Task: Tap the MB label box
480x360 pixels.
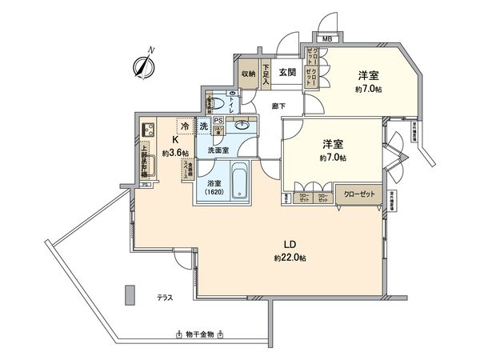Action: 327,38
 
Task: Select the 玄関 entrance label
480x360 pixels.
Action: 288,72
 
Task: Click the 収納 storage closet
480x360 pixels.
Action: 248,74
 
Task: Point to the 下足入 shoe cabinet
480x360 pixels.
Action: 267,73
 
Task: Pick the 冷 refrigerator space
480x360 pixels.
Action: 186,127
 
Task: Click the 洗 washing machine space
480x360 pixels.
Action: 204,127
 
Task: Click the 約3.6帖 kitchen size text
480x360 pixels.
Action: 175,153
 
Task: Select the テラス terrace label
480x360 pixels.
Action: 166,298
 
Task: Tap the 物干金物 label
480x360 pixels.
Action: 197,334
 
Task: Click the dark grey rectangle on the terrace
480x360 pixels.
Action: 130,296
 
